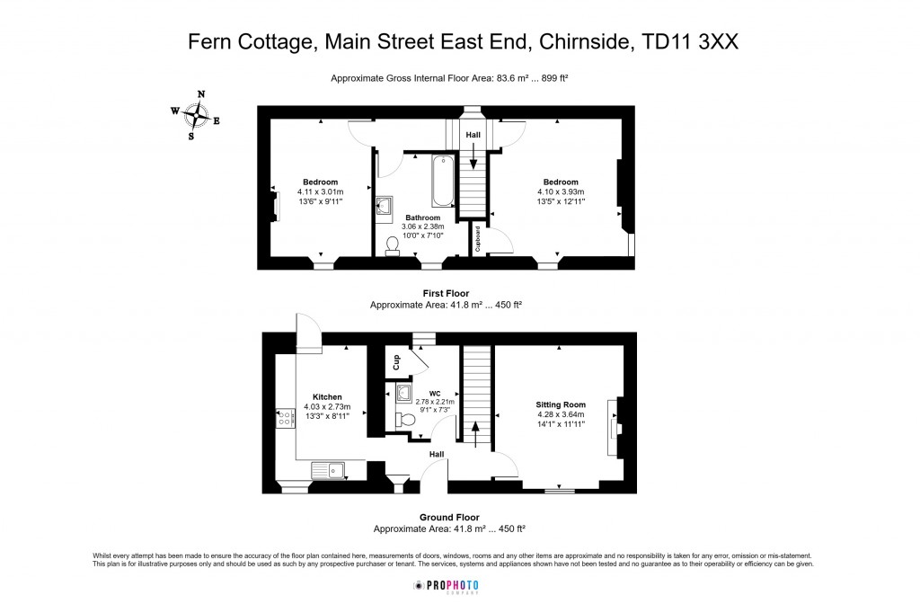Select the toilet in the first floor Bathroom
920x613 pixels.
393,245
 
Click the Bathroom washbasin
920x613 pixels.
385,207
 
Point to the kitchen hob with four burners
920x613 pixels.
286,417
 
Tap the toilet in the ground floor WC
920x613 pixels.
405,420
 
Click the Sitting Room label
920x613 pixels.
561,404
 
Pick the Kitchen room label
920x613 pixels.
327,396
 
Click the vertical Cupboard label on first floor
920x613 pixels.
478,238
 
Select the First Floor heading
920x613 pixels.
446,293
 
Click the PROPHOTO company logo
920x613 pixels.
446,586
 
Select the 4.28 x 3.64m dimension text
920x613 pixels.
561,414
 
